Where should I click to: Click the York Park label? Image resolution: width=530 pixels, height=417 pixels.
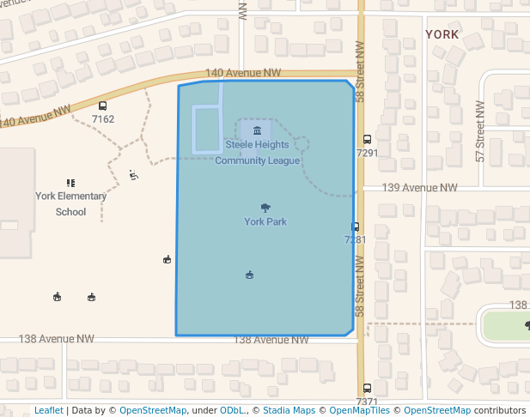265,221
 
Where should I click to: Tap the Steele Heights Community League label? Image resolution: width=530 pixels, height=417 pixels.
257,153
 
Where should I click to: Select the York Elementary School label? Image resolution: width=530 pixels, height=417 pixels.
70,203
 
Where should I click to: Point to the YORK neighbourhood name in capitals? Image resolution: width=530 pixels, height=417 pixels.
442,34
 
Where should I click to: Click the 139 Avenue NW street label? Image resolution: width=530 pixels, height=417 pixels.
419,187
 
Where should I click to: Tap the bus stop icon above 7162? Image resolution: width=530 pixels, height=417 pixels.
103,106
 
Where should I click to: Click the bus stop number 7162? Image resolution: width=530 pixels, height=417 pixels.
103,118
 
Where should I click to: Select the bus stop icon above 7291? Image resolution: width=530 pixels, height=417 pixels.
367,139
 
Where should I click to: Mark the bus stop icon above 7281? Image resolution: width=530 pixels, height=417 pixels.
355,227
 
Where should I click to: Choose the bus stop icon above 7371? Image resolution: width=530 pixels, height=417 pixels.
367,388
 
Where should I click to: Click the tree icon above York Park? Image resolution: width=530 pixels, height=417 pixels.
265,207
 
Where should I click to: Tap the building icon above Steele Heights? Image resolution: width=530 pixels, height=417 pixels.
256,130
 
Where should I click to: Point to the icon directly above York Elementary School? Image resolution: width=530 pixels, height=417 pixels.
70,182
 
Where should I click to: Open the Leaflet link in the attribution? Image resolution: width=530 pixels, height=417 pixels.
48,410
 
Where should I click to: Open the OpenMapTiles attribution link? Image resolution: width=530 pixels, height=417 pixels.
360,410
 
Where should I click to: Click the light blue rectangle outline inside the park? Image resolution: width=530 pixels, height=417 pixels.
194,130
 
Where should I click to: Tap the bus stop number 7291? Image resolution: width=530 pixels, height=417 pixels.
367,153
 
